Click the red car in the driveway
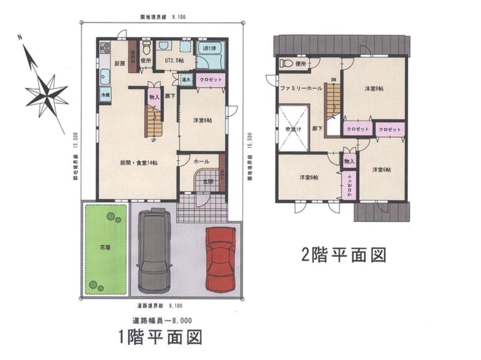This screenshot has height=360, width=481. (220, 259)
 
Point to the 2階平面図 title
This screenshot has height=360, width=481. (343, 254)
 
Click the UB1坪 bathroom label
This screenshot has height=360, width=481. (208, 48)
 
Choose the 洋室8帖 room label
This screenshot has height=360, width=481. (377, 88)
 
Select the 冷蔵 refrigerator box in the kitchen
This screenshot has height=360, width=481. (104, 95)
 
